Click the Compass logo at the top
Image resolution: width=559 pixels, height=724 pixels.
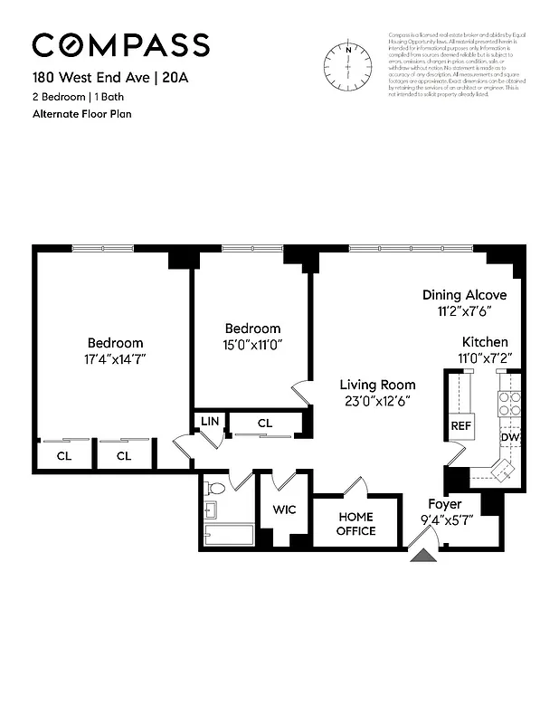click(x=121, y=44)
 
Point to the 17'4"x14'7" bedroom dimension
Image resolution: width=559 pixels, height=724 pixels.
click(x=115, y=358)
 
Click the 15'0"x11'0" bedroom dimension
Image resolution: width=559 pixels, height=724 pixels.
click(x=252, y=344)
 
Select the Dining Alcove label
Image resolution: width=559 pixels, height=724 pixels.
click(x=464, y=295)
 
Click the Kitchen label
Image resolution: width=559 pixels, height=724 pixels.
click(x=485, y=342)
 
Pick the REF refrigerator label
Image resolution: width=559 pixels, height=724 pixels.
click(x=461, y=425)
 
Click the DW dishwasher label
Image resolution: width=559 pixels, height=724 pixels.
click(x=509, y=437)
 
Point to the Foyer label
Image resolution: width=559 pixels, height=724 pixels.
click(x=444, y=503)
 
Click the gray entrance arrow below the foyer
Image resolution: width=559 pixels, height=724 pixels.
click(x=422, y=554)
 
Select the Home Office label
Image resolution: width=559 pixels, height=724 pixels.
click(x=355, y=523)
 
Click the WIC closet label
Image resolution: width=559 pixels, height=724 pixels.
click(x=285, y=510)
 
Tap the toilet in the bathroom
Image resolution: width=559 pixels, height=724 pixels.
click(x=214, y=489)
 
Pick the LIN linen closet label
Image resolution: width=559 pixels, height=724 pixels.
click(x=210, y=421)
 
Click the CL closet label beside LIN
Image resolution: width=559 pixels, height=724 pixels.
click(x=265, y=423)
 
